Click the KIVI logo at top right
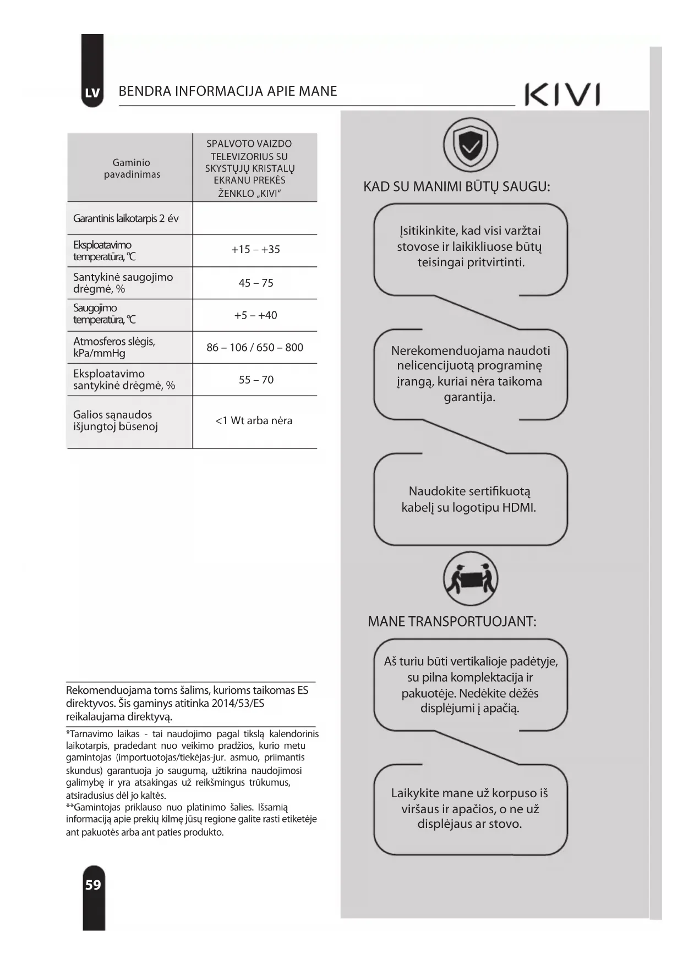(x=562, y=95)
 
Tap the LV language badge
(x=92, y=93)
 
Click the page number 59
(x=93, y=885)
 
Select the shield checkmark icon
(x=470, y=145)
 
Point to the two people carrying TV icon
(x=470, y=579)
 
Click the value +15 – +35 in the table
(x=255, y=250)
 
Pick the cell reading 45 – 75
(x=255, y=283)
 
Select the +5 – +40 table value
(x=255, y=315)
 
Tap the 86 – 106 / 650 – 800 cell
(x=255, y=348)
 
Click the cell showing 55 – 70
(x=256, y=380)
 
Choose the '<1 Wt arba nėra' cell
(x=254, y=421)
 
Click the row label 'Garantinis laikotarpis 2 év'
(x=125, y=218)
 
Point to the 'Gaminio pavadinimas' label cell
(x=132, y=168)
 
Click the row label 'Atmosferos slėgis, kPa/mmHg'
(x=114, y=347)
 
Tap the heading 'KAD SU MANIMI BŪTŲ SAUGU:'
(x=456, y=187)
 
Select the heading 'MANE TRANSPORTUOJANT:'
(x=452, y=622)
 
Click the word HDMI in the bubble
(x=518, y=507)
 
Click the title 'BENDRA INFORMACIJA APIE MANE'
(x=228, y=91)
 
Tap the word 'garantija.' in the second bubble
(x=469, y=397)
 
